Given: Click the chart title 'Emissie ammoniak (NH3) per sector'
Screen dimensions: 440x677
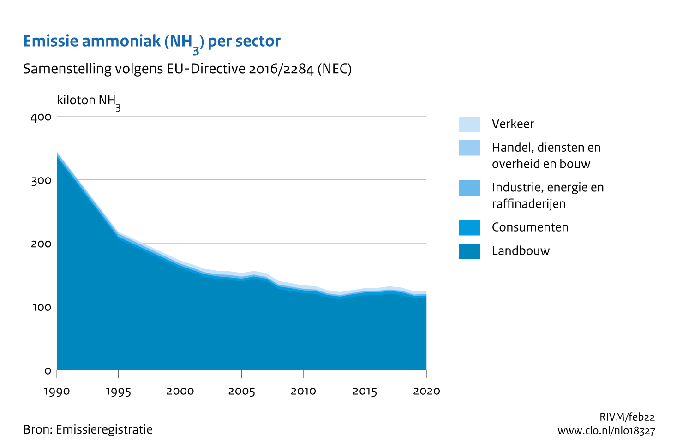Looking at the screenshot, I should click(152, 42).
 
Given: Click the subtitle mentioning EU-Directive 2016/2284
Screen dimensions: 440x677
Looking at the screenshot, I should click(187, 69).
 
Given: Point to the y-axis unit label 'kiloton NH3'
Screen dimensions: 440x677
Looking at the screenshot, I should click(89, 101).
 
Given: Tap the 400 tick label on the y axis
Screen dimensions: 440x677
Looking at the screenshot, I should click(41, 117).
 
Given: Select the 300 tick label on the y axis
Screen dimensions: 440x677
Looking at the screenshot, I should click(41, 180).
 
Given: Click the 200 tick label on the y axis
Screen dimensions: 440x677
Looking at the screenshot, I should click(41, 244).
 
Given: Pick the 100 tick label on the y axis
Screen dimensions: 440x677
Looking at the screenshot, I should click(41, 307).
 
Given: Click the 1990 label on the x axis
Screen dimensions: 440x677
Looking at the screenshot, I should click(57, 392).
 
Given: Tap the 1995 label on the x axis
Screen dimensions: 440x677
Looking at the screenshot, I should click(119, 392).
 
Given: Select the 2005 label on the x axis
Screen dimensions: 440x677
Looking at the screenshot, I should click(242, 392).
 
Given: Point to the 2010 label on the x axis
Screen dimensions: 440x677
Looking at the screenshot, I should click(303, 392).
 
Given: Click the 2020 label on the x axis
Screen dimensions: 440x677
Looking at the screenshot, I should click(426, 392).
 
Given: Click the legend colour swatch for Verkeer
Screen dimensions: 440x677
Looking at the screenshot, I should click(469, 124).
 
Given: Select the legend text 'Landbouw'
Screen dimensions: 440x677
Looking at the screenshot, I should click(521, 251).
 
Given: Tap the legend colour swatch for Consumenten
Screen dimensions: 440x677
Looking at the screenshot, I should click(469, 227).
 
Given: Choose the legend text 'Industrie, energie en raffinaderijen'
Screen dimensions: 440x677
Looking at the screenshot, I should click(547, 196).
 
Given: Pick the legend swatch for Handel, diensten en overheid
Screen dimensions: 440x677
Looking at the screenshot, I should click(469, 148).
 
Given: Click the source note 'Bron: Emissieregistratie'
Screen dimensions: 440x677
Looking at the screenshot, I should click(88, 430).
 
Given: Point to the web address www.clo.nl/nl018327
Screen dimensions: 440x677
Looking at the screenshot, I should click(606, 431).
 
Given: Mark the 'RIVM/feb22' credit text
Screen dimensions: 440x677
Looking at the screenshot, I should click(627, 417).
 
